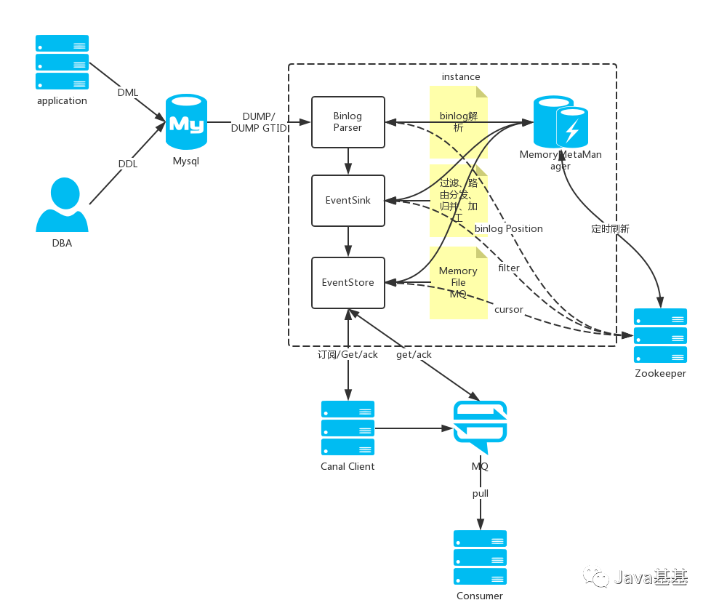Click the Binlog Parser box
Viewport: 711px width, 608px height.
[348, 122]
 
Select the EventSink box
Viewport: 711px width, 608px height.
[348, 201]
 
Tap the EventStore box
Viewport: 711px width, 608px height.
[348, 283]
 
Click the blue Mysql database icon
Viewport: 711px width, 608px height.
[186, 121]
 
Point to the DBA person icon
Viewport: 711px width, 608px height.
[62, 204]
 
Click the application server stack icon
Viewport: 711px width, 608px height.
[62, 62]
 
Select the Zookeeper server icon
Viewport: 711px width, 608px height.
[660, 336]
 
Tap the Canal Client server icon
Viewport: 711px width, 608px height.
[348, 428]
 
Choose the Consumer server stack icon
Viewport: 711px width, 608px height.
[481, 558]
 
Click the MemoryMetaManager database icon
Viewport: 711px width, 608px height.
[561, 121]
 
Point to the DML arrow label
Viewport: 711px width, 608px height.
[128, 92]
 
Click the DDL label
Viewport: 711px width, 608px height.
[128, 164]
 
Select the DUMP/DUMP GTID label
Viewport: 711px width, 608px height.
[259, 122]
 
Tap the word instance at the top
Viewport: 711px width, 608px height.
[461, 76]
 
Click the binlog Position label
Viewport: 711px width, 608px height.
[509, 228]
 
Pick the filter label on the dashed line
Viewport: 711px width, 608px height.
[509, 268]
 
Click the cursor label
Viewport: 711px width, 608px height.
[509, 309]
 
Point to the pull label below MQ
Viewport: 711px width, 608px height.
[481, 494]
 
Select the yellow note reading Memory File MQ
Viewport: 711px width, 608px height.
[459, 283]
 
